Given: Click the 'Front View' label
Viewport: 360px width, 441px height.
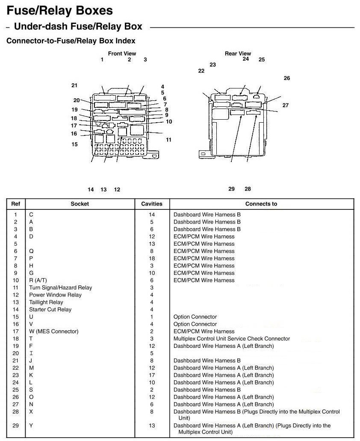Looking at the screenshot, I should point(122,53).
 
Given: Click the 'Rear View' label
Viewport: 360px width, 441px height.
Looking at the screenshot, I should point(238,53).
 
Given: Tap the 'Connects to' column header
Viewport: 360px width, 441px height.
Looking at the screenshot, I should point(261,204).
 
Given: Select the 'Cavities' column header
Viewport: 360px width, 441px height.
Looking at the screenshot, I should point(152,204).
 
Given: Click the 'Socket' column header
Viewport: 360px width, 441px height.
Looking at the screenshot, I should point(80,204).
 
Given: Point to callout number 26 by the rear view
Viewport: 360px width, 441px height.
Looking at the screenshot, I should point(286,78).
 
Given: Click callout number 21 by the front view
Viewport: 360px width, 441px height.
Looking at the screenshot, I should point(74,85).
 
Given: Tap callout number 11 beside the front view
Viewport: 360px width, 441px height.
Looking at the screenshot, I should point(168,140).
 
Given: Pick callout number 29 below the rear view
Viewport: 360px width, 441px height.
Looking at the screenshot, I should point(231,189).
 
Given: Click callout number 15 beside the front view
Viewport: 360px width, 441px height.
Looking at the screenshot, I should point(74,144).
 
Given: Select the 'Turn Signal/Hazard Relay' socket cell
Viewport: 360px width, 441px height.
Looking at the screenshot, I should point(60,288).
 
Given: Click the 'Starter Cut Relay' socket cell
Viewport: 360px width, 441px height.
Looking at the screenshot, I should point(50,309).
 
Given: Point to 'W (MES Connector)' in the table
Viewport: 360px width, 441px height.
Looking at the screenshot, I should point(53,331).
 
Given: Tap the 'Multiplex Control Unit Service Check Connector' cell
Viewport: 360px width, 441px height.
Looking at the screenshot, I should point(231,338).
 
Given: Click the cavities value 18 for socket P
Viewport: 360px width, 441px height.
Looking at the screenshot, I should point(152,258).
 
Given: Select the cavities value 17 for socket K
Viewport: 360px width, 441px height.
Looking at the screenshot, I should point(152,375).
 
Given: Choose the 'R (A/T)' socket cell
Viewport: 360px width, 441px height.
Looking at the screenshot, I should point(38,280).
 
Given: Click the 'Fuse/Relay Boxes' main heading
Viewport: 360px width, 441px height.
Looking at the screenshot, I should point(59,10).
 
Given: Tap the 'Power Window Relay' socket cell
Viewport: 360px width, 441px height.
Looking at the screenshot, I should point(55,295).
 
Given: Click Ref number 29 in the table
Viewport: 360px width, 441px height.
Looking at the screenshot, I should point(15,426).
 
